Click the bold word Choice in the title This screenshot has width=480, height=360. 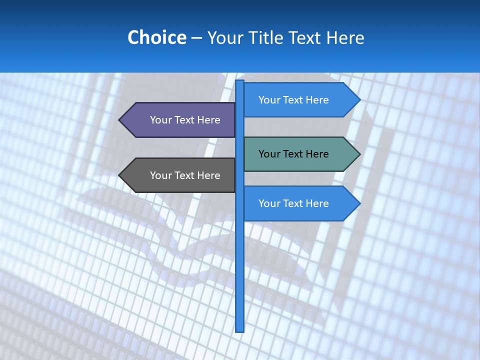[x=156, y=37]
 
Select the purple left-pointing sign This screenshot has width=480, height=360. [x=180, y=120]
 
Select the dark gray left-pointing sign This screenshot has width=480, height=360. [x=180, y=175]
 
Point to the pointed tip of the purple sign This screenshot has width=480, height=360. [x=120, y=120]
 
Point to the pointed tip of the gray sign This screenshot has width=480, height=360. [x=120, y=175]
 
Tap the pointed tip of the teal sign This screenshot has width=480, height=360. [x=358, y=154]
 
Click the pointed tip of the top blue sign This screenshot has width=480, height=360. [x=358, y=100]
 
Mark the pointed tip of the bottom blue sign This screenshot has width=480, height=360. [x=358, y=203]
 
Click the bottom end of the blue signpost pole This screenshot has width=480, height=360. [x=240, y=329]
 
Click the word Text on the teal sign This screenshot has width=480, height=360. [x=294, y=154]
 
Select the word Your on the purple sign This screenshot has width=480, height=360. [x=161, y=120]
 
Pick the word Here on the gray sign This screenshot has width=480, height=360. [x=208, y=175]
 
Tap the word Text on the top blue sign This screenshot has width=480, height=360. [x=294, y=100]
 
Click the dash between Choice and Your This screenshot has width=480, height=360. [x=196, y=37]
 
